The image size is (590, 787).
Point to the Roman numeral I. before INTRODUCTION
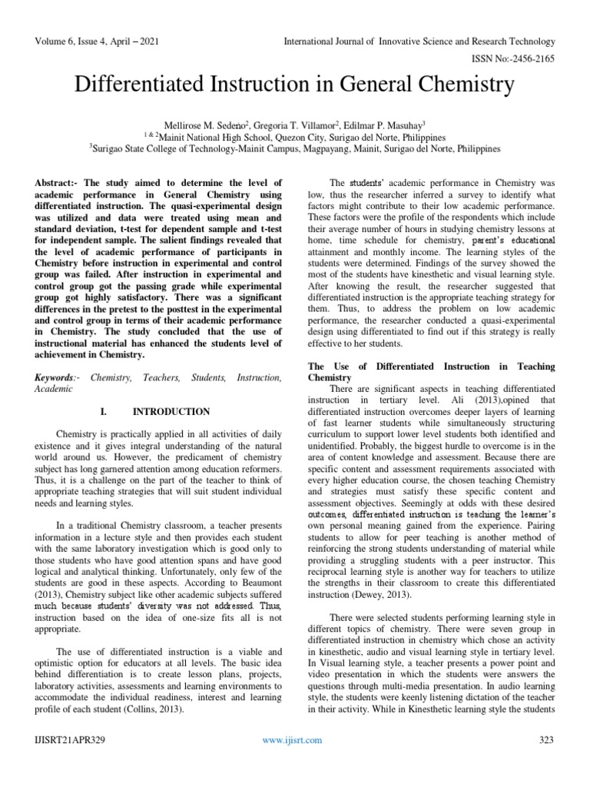104,412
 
